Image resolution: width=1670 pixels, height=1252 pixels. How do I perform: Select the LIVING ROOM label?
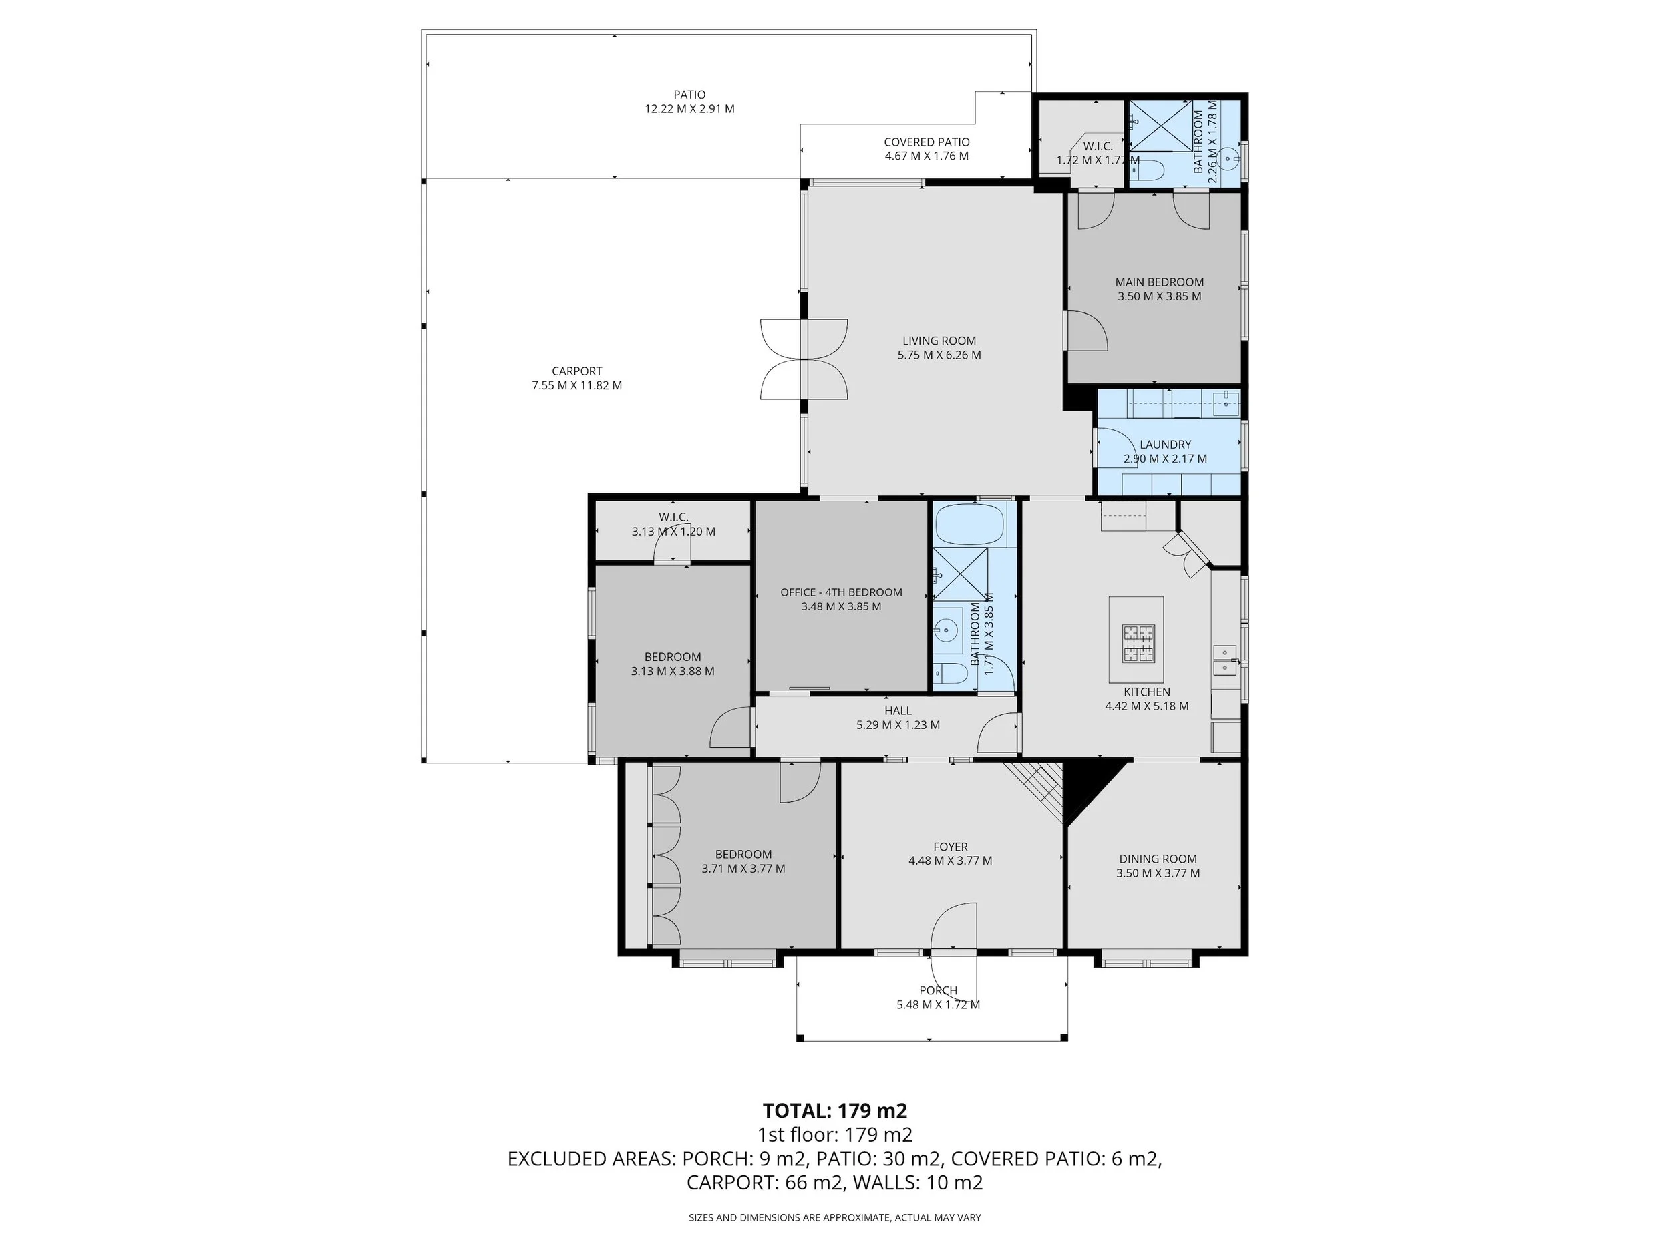939,341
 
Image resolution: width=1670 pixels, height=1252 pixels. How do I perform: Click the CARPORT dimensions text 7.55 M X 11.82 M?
576,385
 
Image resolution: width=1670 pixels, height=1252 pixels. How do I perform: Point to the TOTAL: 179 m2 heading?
834,1111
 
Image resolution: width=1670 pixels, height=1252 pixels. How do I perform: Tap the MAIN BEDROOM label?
1160,282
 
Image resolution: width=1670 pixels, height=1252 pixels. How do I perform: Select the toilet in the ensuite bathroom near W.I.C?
1149,172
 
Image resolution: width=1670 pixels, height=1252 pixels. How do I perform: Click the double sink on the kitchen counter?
1224,660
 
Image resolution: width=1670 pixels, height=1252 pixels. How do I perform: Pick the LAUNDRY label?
1165,445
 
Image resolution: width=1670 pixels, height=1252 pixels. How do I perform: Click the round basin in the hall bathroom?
945,628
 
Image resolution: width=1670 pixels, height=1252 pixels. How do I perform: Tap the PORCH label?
938,990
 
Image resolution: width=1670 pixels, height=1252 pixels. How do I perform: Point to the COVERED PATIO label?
927,142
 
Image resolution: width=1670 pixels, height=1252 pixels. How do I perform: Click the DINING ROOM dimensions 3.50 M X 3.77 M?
1158,873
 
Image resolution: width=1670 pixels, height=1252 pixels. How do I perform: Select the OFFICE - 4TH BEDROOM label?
841,592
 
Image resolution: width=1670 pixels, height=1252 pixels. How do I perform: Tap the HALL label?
898,710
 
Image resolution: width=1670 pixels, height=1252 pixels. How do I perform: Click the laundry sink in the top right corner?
1225,401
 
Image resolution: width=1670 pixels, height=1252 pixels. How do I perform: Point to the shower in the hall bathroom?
961,574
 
